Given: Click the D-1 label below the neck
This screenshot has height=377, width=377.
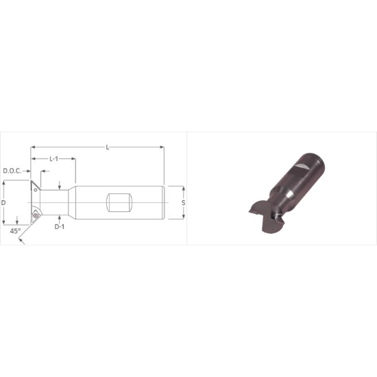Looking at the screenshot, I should [x=60, y=226].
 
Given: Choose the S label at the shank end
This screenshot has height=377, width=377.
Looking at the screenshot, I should [x=183, y=203].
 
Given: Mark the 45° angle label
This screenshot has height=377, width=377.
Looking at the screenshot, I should [x=15, y=231].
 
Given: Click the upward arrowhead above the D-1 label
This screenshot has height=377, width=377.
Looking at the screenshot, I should [x=60, y=217].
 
